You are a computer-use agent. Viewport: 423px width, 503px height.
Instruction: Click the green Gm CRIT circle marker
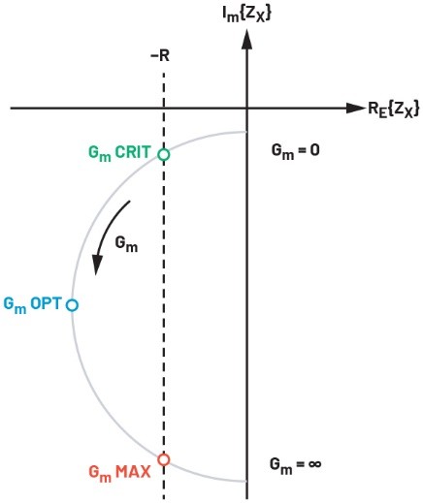[x=164, y=154]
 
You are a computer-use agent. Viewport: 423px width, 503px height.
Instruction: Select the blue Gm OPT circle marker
[x=72, y=304]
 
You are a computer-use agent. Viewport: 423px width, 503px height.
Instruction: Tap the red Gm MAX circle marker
[x=164, y=459]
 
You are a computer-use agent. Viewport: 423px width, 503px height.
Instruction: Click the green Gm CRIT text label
[x=119, y=153]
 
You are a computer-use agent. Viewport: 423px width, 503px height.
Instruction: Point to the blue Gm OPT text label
[x=32, y=304]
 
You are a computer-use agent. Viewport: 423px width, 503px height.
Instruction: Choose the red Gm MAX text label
[x=119, y=473]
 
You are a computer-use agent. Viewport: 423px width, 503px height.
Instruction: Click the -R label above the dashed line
[x=160, y=56]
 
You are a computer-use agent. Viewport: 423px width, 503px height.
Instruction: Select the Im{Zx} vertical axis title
[x=246, y=15]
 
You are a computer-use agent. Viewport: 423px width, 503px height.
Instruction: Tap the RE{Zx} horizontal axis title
[x=394, y=110]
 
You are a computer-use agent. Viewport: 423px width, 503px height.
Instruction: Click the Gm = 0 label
[x=295, y=151]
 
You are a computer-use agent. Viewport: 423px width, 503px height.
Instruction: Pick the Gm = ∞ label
[x=295, y=465]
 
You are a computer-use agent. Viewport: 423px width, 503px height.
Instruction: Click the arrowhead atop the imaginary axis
[x=247, y=39]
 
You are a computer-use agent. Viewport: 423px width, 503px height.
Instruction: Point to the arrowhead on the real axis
[x=356, y=109]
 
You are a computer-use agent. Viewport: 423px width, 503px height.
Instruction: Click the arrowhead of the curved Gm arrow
[x=97, y=265]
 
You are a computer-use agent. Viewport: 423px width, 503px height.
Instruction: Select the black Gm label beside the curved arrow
[x=126, y=244]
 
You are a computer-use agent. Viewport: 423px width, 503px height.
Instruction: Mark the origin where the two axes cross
[x=247, y=109]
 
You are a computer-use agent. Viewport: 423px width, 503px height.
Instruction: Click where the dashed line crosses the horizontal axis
[x=164, y=109]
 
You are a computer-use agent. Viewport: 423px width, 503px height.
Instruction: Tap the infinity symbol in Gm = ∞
[x=314, y=464]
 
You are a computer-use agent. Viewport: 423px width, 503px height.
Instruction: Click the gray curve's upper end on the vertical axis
[x=246, y=132]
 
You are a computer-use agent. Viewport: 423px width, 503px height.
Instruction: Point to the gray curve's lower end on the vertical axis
[x=246, y=482]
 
